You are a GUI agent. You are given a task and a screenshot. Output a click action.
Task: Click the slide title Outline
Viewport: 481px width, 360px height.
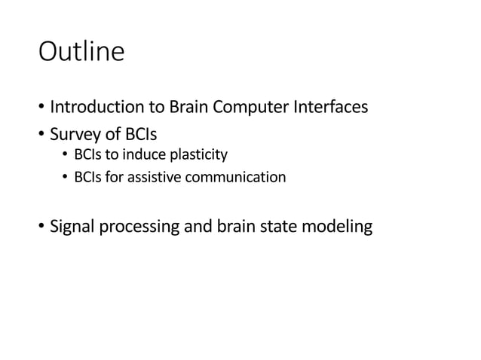[x=81, y=53]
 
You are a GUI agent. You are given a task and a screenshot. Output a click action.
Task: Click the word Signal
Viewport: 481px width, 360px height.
[x=72, y=226]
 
